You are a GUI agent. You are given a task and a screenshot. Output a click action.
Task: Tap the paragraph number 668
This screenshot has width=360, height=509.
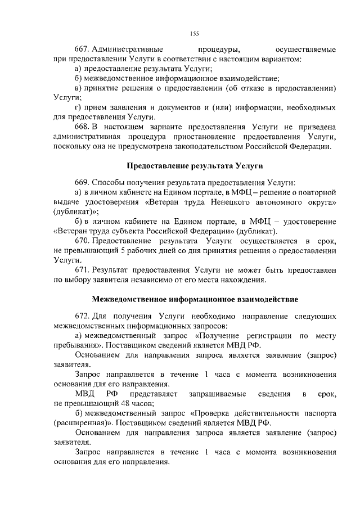click(82, 128)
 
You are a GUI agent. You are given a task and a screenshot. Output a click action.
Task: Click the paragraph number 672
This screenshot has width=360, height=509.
click(82, 316)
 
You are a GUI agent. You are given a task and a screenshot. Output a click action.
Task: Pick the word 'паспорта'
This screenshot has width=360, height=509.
click(321, 413)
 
